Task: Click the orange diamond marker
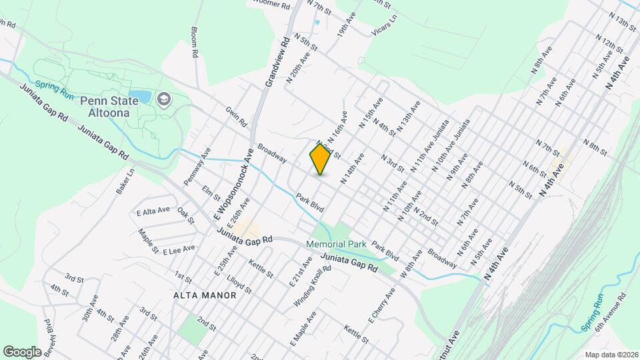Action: click(x=321, y=159)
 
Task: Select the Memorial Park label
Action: click(x=337, y=245)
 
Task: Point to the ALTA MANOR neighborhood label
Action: click(x=204, y=295)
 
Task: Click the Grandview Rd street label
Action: click(x=277, y=61)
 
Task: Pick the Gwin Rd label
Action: click(x=236, y=118)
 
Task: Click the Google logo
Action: click(x=22, y=351)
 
